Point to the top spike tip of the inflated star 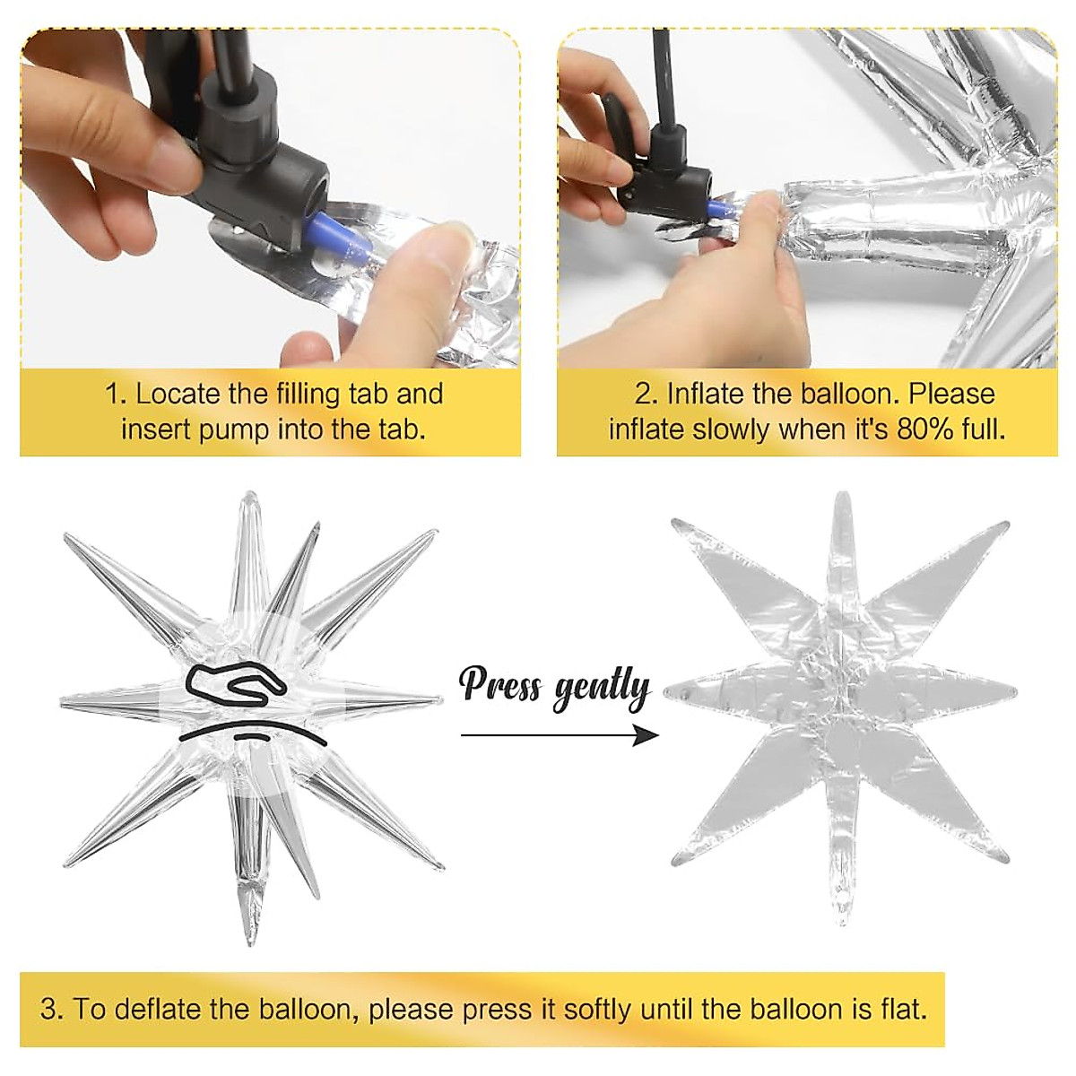tap(251, 493)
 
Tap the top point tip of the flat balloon tap(842, 495)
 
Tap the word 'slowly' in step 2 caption tap(731, 430)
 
